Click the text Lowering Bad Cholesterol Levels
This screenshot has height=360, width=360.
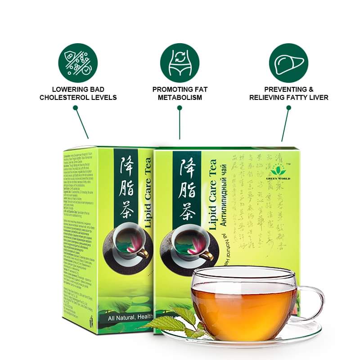tap(78, 94)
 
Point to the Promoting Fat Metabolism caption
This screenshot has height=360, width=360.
tap(180, 94)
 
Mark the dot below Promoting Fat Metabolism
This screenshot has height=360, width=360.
tap(180, 108)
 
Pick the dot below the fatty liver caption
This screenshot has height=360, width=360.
tap(288, 108)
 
